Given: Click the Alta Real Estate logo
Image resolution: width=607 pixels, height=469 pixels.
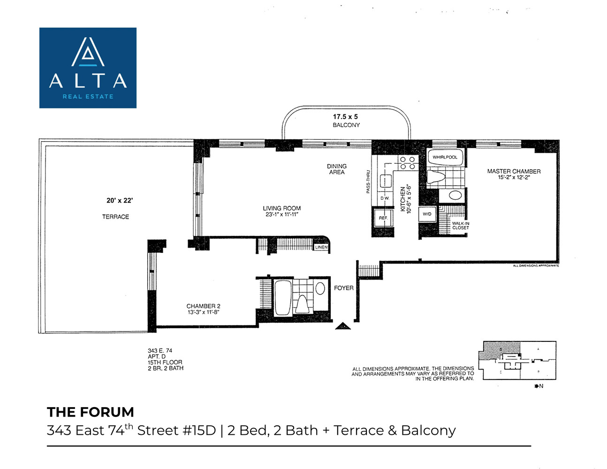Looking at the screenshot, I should [x=88, y=68].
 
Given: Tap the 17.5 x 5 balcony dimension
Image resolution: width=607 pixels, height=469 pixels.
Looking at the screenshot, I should [x=345, y=117].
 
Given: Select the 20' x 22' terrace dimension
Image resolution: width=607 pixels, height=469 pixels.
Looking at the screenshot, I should [x=120, y=201].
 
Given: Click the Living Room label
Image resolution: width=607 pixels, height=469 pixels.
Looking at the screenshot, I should [x=281, y=208].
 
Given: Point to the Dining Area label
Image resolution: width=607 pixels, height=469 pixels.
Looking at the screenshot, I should [x=336, y=169].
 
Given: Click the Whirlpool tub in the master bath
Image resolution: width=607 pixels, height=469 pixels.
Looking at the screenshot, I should [x=445, y=157].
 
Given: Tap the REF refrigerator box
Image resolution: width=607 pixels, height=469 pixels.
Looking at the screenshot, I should [x=383, y=218].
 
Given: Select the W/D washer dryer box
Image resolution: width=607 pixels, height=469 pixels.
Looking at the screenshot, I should [x=427, y=214].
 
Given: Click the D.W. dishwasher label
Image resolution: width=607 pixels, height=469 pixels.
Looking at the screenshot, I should [x=385, y=198].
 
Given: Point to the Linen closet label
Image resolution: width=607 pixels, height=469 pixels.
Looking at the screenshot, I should [x=321, y=247].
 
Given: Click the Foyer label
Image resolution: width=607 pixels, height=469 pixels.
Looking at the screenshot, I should [x=343, y=288].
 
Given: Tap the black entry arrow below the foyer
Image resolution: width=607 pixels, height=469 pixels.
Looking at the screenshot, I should [x=343, y=326].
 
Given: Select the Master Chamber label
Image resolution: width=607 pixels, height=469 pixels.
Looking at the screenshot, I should [x=514, y=172].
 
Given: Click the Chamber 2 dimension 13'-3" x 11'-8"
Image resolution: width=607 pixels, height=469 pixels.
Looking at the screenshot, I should [x=204, y=312].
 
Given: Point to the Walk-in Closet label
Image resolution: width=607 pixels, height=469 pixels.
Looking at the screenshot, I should [x=460, y=226].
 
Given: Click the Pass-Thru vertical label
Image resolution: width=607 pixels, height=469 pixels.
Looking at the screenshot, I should [x=368, y=182].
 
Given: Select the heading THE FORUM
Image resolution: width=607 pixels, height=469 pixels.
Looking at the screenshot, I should [x=91, y=412].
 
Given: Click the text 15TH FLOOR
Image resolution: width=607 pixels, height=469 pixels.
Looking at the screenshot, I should [x=165, y=363].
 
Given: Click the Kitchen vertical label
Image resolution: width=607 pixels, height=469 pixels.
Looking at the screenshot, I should [x=402, y=199].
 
